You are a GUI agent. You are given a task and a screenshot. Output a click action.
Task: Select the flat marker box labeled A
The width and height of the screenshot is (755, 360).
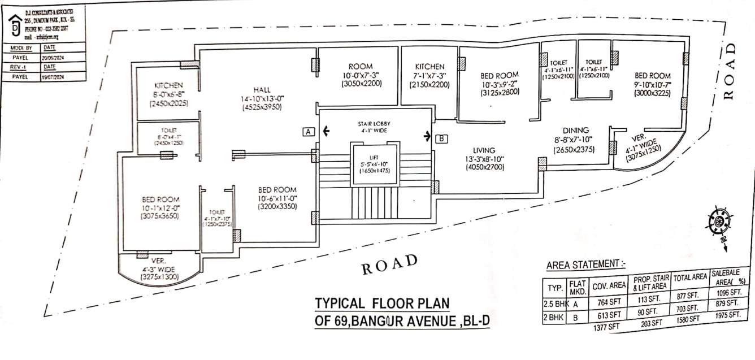[x=308, y=132]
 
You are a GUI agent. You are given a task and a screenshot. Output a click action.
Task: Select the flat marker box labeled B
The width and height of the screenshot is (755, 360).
[x=442, y=137]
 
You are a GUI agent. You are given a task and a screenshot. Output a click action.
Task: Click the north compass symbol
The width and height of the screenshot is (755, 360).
[x=719, y=221]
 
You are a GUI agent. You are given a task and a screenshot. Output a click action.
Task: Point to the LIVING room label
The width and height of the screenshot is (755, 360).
[x=484, y=150]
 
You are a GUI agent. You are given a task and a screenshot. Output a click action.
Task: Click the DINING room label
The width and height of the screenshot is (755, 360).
[x=575, y=131]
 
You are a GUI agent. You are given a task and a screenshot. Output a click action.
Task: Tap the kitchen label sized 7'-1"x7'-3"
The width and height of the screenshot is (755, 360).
[x=429, y=67]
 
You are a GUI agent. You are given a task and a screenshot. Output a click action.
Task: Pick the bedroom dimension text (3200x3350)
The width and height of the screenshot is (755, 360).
[x=277, y=207]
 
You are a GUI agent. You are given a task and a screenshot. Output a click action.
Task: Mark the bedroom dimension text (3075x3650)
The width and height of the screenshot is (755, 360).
[x=160, y=215]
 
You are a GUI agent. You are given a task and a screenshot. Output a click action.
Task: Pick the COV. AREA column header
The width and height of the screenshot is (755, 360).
[x=609, y=286]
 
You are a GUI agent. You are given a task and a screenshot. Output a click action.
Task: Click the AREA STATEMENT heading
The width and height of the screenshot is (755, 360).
[x=585, y=264]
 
